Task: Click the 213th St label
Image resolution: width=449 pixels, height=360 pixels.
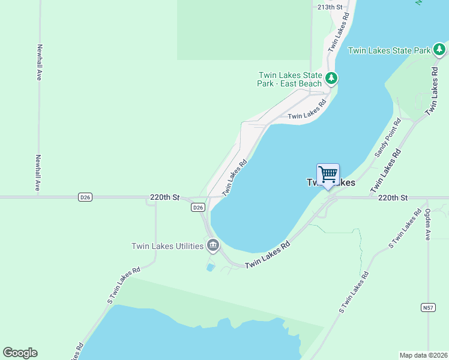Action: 330,7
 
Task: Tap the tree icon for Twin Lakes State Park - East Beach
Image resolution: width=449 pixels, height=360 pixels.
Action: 331,78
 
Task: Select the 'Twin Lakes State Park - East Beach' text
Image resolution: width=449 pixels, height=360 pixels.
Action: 290,79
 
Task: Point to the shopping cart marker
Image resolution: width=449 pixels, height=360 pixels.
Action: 328,175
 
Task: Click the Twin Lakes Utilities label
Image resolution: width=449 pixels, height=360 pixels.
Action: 168,246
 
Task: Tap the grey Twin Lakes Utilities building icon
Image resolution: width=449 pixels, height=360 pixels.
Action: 213,245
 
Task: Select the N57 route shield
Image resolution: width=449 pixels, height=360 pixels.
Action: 428,308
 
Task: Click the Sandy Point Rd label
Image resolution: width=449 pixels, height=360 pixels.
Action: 388,138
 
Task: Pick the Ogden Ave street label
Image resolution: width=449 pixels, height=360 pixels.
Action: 427,224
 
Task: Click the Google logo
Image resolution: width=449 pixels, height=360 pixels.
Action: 20,353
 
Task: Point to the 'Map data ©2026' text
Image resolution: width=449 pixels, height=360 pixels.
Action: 423,355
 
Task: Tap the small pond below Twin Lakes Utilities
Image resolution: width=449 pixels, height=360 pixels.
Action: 210,267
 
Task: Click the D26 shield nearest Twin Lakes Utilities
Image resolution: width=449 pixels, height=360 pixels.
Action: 198,207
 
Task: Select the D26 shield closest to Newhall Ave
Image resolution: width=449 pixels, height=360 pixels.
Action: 85,197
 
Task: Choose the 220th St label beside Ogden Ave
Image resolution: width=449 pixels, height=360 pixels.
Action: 393,197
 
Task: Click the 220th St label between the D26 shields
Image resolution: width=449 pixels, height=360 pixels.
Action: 165,197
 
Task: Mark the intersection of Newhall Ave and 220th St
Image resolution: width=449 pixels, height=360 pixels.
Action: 39,197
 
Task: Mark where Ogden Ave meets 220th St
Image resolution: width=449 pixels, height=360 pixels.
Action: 427,197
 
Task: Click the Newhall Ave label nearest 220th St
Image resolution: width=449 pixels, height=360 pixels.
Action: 38,173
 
